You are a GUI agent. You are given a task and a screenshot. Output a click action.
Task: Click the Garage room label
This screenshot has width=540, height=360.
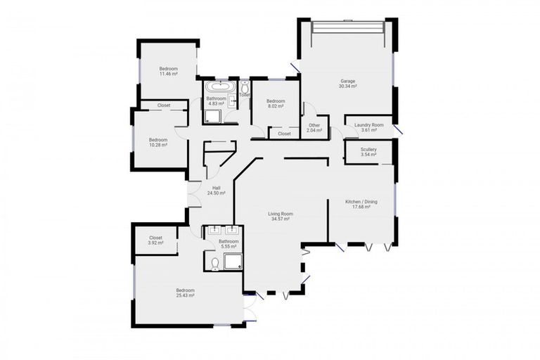(348, 82)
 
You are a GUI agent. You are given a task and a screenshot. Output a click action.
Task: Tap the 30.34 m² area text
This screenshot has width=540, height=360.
(348, 86)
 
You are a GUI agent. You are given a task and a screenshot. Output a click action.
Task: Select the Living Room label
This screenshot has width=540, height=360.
(281, 214)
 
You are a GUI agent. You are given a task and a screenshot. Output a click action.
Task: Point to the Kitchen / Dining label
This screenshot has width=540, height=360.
(361, 202)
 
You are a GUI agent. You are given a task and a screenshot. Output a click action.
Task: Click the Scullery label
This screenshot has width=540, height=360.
(368, 150)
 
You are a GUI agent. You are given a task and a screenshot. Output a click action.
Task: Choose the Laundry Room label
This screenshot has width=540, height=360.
(369, 125)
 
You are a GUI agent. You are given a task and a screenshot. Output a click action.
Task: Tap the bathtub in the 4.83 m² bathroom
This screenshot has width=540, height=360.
(220, 86)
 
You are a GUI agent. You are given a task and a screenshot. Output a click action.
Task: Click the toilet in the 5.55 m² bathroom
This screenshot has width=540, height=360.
(215, 264)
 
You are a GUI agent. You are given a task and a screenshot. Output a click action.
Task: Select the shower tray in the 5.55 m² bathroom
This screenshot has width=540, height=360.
(233, 262)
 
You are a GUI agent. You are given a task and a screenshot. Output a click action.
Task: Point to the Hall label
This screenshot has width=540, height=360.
(217, 188)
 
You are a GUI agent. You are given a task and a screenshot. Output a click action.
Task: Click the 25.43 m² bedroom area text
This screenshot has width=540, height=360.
(186, 295)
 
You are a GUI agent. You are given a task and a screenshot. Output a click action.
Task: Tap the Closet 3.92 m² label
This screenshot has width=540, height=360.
(155, 240)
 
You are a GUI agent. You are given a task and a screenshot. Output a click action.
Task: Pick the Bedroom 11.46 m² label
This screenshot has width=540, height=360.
(169, 71)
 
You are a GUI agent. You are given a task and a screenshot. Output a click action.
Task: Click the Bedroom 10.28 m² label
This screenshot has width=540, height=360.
(158, 143)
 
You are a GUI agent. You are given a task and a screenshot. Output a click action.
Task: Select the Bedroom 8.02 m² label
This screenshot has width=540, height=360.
(276, 103)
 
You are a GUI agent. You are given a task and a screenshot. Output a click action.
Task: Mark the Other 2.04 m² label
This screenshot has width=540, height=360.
(314, 128)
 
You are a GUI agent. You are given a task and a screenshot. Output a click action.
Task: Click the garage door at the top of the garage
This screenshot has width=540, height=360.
(348, 27)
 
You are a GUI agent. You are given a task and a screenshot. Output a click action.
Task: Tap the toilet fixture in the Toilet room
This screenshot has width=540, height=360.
(245, 86)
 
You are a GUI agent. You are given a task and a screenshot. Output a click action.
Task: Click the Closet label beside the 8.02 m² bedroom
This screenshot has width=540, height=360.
(284, 134)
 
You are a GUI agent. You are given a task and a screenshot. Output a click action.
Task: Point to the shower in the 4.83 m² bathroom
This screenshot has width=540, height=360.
(212, 117)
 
